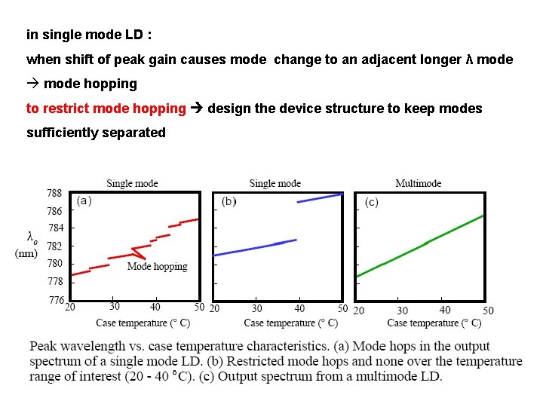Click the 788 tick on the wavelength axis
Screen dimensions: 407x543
(x=56, y=194)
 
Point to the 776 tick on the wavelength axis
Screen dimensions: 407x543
(x=56, y=300)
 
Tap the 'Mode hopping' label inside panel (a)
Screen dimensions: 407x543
(x=157, y=266)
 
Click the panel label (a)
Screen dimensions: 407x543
(x=85, y=201)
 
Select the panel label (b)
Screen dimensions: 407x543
(x=229, y=202)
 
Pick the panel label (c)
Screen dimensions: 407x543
(x=372, y=202)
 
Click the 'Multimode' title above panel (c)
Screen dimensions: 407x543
(x=418, y=183)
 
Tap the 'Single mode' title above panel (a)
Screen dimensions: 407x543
(x=132, y=183)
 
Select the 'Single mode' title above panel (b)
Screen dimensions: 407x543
(x=275, y=183)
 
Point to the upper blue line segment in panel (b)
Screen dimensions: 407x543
(x=320, y=198)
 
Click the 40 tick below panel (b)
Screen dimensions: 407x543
(x=299, y=309)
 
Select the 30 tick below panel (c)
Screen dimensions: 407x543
(x=402, y=310)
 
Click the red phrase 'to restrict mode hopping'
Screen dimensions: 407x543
(x=106, y=108)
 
